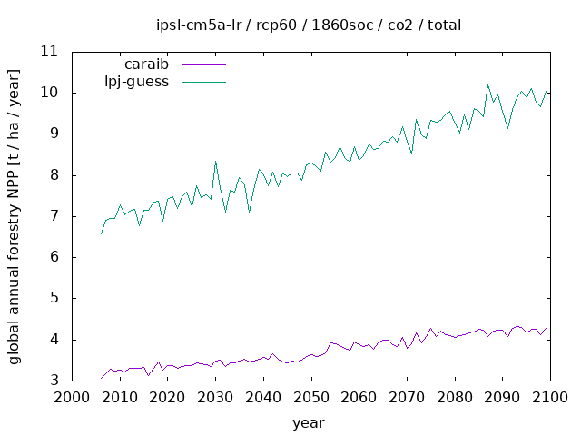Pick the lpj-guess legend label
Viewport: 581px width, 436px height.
[139, 82]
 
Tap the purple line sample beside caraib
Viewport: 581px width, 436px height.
[203, 65]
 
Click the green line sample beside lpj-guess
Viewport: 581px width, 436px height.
[203, 82]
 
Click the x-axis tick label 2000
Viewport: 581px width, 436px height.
[72, 398]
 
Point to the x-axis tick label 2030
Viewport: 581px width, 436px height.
[215, 398]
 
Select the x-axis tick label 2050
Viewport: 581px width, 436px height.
[310, 398]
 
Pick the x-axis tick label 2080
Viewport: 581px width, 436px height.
[454, 398]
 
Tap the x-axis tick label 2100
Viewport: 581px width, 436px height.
[549, 398]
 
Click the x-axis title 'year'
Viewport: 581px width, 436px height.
[308, 422]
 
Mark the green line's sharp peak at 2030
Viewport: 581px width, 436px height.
[215, 162]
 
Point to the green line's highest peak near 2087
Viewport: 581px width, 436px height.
[487, 85]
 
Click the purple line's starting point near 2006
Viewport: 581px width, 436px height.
[101, 379]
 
